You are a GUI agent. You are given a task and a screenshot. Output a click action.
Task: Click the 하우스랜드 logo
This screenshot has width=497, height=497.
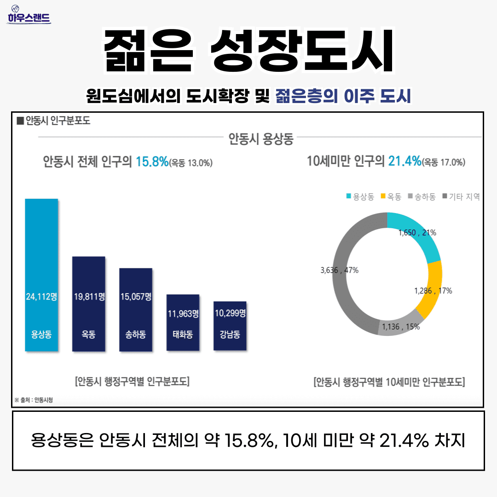click(29, 16)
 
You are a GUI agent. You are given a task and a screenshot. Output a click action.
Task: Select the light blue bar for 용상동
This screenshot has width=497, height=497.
click(41, 258)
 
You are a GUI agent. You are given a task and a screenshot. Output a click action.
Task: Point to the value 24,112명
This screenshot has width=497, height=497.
click(41, 297)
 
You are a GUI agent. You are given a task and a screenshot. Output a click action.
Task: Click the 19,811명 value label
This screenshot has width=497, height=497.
click(88, 297)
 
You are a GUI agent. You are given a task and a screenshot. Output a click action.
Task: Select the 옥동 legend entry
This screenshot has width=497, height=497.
click(391, 197)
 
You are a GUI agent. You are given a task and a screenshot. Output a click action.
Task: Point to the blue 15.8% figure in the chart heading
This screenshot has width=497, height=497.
click(152, 162)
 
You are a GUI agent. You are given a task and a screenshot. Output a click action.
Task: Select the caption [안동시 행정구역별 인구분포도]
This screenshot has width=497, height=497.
click(132, 381)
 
